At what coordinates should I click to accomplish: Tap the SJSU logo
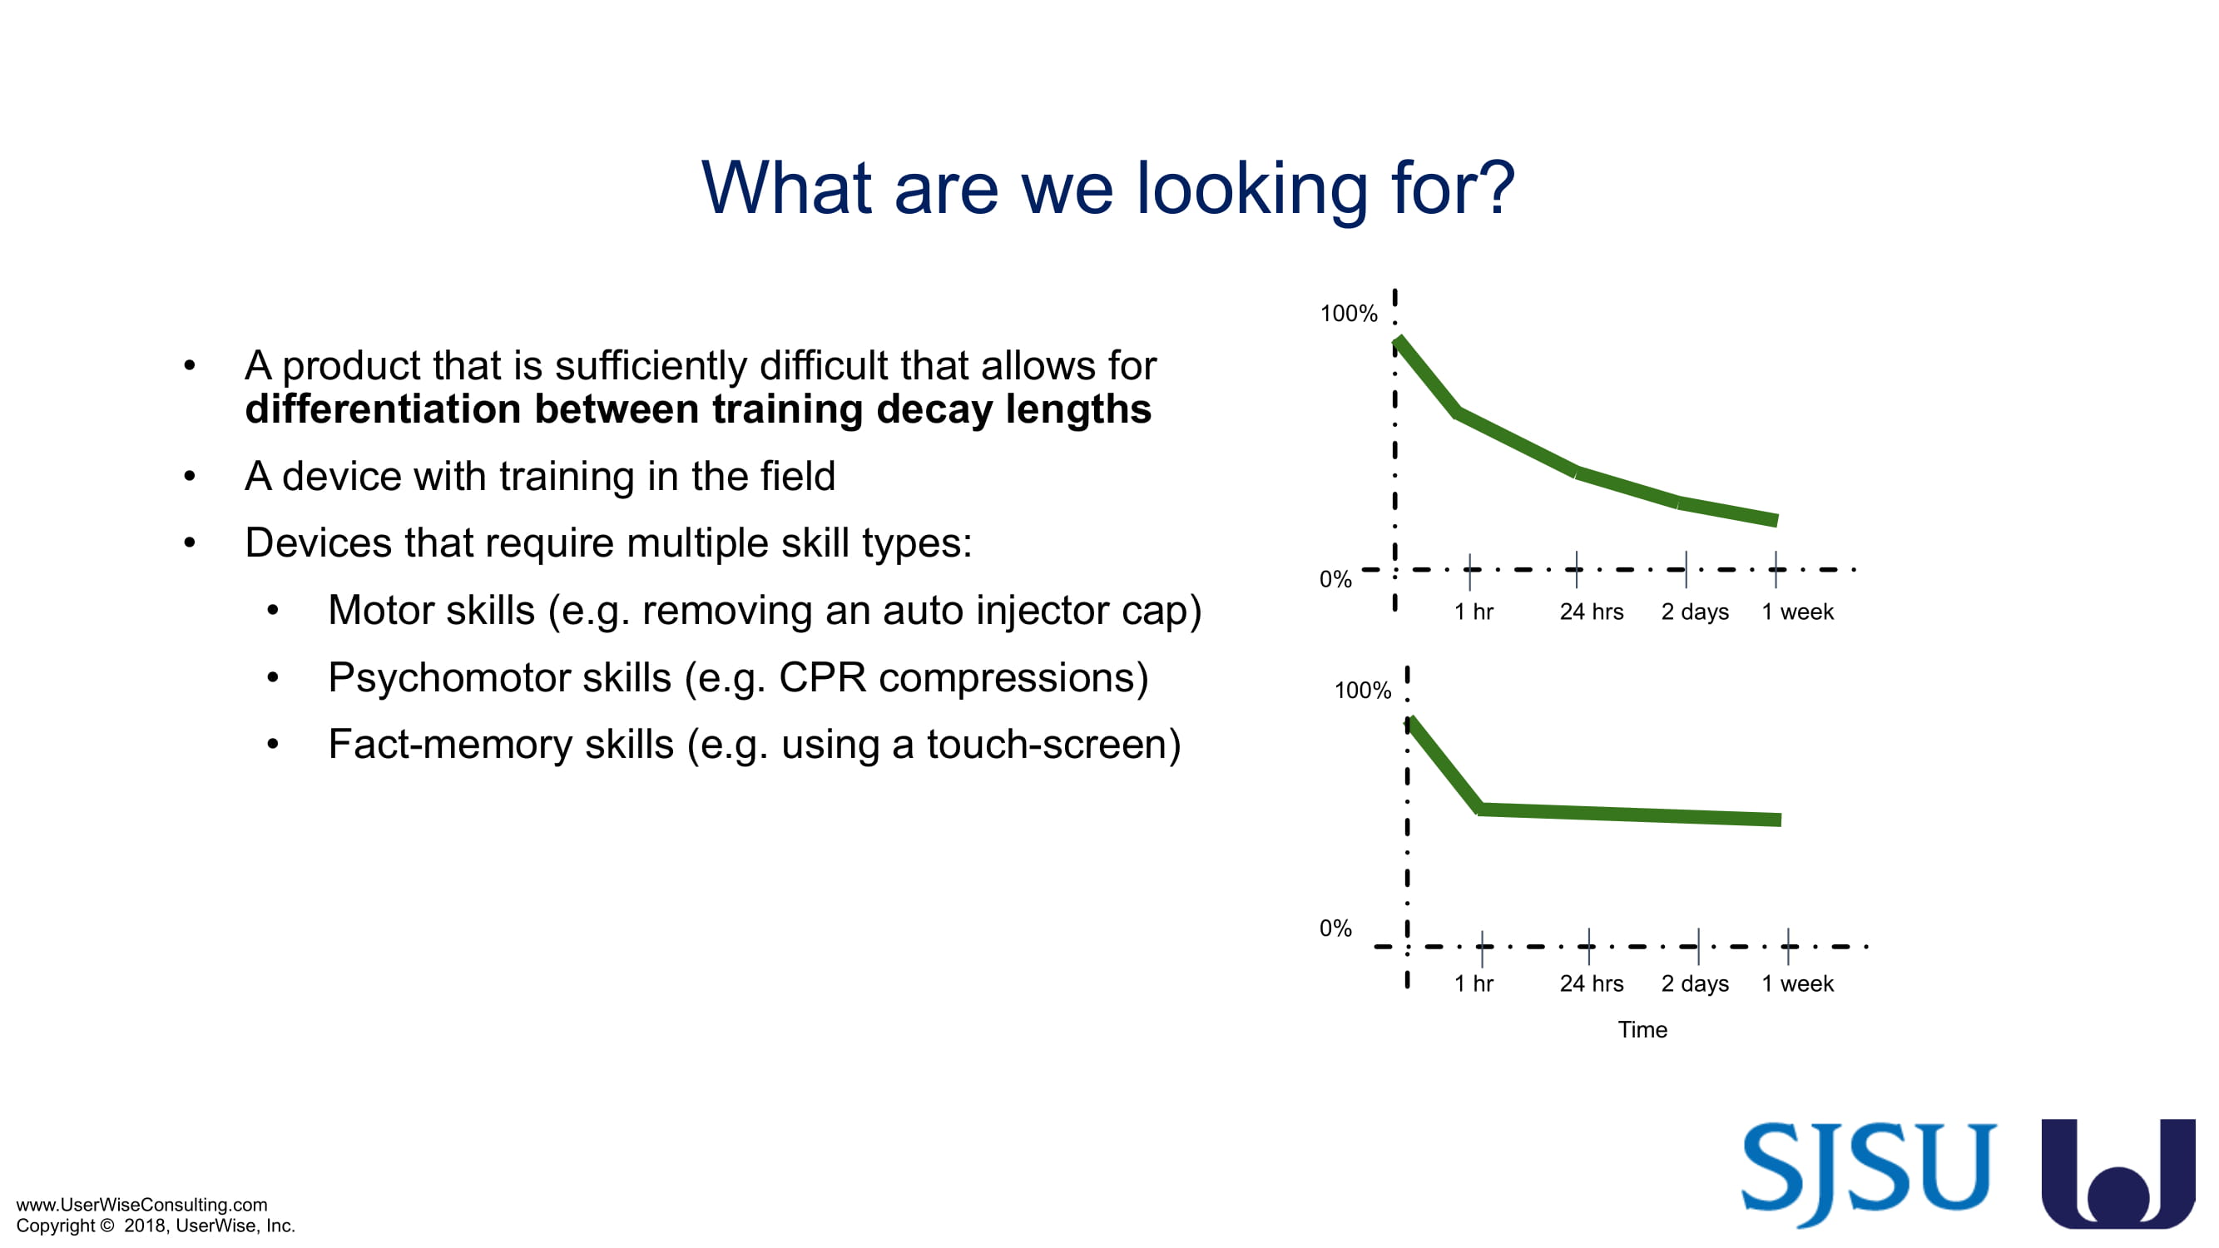(x=1869, y=1173)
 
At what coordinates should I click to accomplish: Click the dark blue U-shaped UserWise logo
(x=2118, y=1173)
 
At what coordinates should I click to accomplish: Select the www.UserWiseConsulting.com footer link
(x=142, y=1204)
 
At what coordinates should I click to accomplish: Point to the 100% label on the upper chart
(x=1349, y=314)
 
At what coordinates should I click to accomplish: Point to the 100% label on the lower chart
(x=1363, y=690)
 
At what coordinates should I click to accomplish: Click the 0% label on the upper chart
(x=1335, y=579)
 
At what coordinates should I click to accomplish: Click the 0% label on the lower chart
(x=1335, y=928)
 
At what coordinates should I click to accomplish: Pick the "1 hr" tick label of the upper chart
(x=1474, y=612)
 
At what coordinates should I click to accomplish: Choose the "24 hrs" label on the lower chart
(x=1591, y=983)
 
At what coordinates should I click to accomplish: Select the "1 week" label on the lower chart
(x=1798, y=983)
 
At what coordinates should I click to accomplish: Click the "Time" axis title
(x=1642, y=1029)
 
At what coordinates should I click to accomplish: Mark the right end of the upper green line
(x=1777, y=519)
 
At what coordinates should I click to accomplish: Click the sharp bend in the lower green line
(x=1480, y=809)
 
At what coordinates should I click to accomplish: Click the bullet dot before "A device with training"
(x=190, y=476)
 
